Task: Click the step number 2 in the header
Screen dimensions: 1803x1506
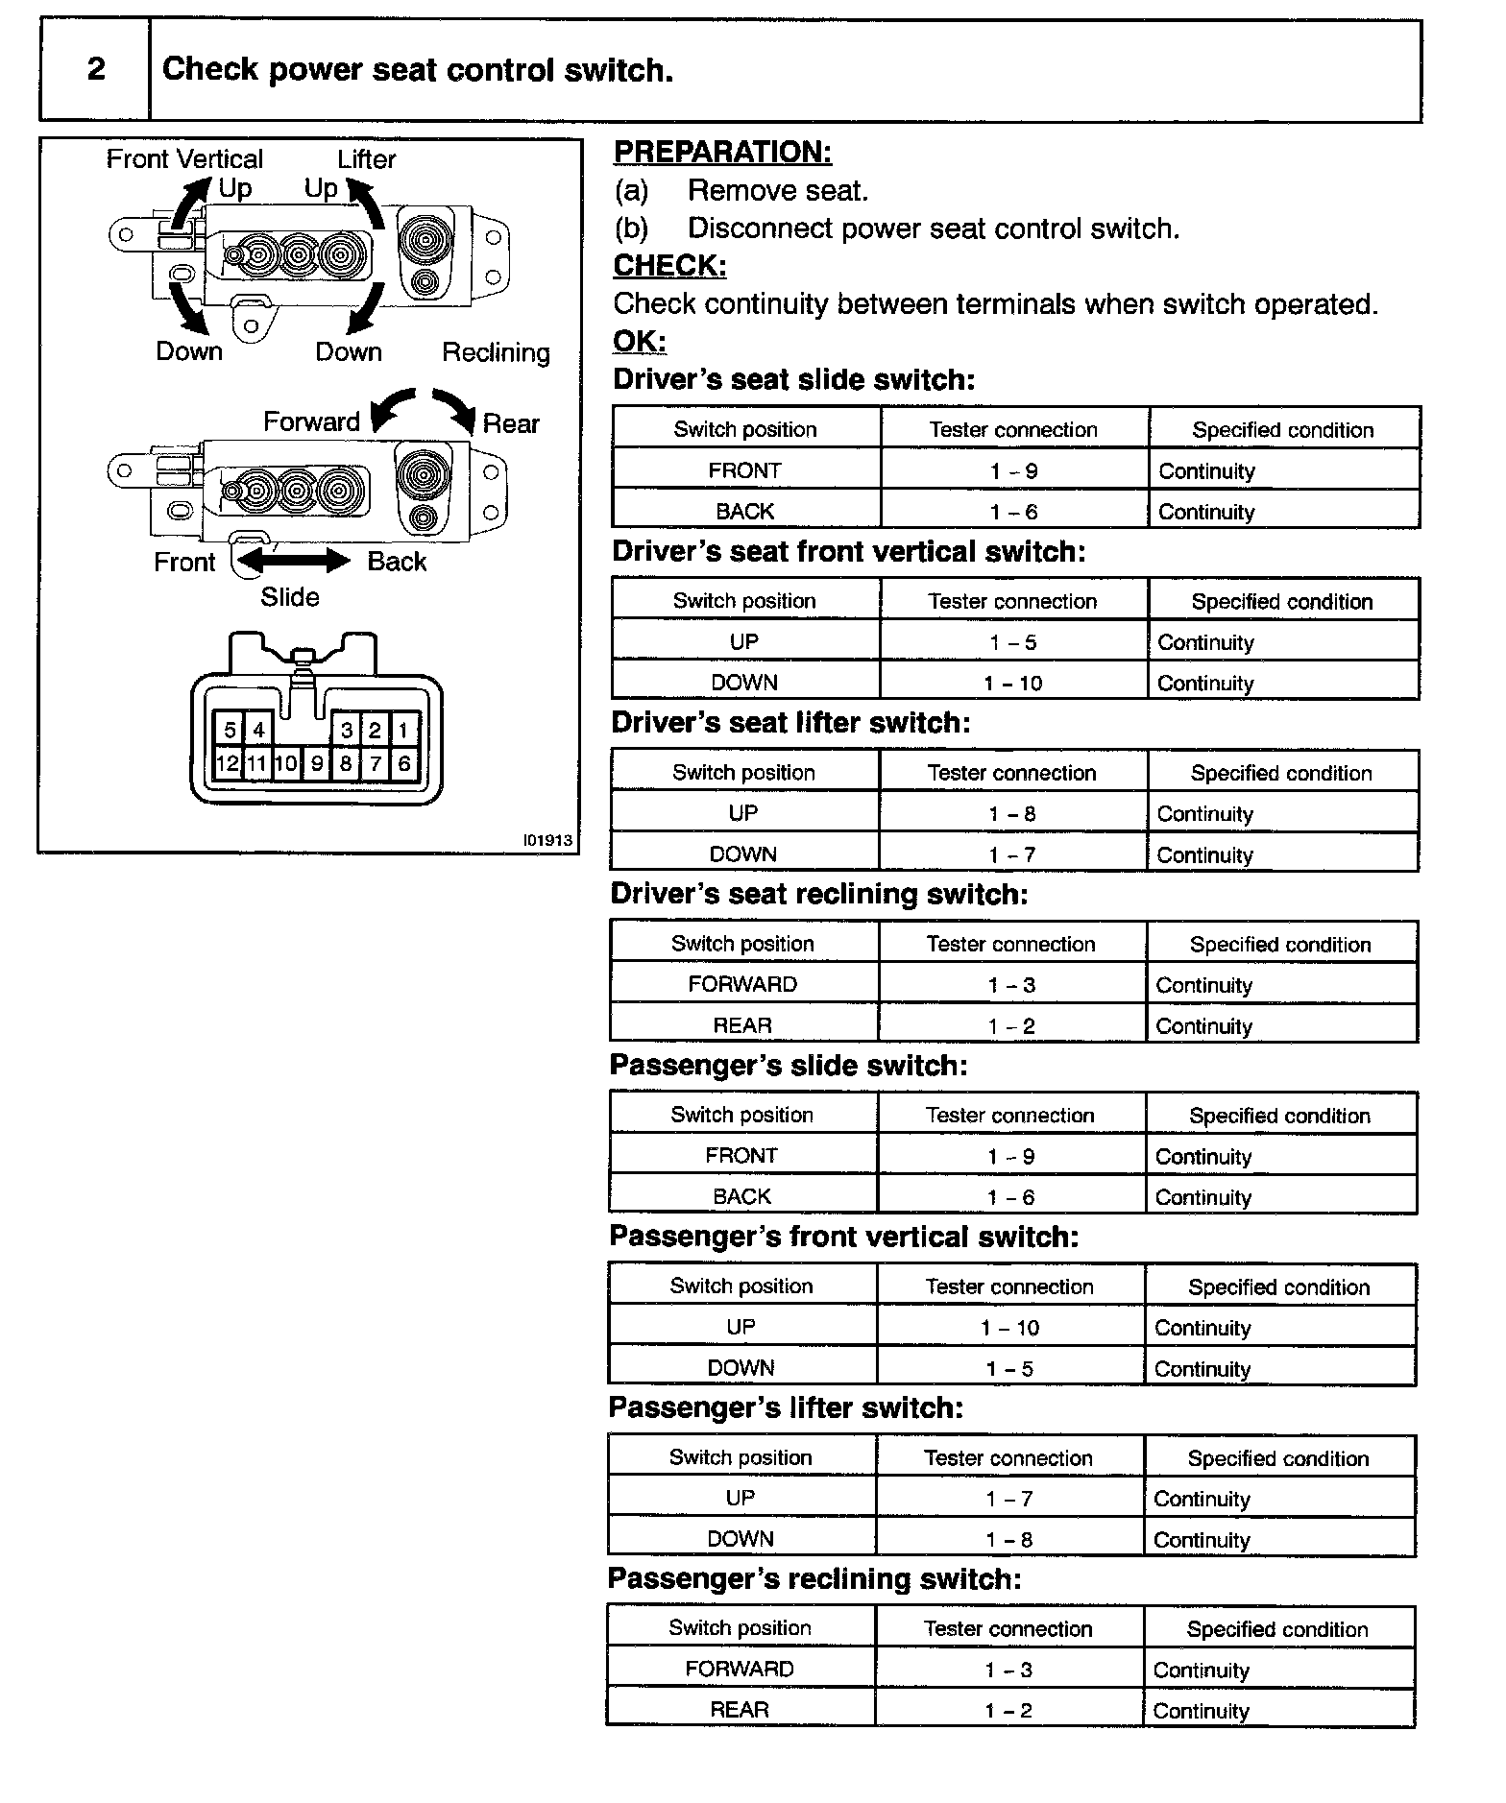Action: coord(96,69)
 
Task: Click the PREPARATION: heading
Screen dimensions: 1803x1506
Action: coord(722,152)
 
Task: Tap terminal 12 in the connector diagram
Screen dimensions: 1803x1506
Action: coord(228,764)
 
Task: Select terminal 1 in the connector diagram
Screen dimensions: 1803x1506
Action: coord(403,730)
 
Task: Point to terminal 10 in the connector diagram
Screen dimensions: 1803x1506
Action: coord(286,764)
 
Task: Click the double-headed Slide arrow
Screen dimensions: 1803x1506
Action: coord(294,560)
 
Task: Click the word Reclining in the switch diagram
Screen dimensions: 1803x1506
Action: coord(496,352)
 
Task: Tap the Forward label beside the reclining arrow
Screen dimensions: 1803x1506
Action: coord(311,421)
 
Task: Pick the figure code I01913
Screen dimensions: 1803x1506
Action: coord(547,840)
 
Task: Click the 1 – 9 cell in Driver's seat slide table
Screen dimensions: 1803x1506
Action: coord(1013,471)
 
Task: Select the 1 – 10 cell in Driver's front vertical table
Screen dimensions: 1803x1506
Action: coord(1013,684)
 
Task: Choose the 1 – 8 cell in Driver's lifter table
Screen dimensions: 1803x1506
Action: coord(1012,814)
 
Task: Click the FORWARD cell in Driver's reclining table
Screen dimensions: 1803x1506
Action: coord(742,984)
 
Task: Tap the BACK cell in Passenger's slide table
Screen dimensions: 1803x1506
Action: coord(741,1196)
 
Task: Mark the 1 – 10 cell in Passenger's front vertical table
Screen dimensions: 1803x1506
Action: coord(1009,1328)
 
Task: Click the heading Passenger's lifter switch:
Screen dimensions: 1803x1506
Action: coord(786,1407)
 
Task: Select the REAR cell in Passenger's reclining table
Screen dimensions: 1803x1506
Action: coord(740,1709)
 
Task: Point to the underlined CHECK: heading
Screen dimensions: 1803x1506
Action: coord(669,265)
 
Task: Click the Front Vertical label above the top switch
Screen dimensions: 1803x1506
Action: coord(184,159)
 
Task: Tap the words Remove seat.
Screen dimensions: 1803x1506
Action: coord(778,191)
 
